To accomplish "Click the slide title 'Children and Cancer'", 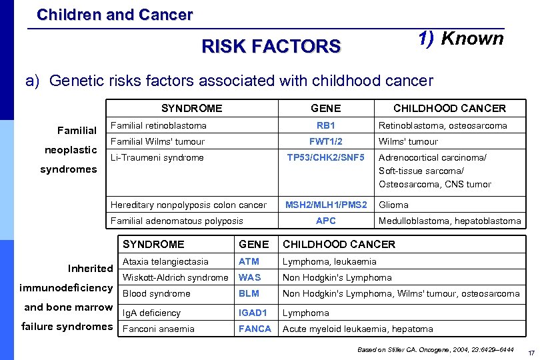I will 115,14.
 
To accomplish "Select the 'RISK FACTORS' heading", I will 271,46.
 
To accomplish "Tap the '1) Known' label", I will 461,39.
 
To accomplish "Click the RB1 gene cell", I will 325,125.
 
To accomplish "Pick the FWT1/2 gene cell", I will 325,141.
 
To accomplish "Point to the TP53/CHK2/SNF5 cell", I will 325,157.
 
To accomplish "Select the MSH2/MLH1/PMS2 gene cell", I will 325,205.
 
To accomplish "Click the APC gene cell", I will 325,221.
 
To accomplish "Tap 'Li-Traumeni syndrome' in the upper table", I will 157,157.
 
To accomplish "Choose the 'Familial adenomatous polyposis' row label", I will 177,221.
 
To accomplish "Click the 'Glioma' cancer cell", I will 393,205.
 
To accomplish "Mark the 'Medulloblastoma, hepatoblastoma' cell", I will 449,221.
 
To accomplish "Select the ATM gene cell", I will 249,261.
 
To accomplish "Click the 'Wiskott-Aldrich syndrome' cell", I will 175,277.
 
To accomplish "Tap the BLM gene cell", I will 249,293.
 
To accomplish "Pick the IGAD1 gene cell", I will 253,313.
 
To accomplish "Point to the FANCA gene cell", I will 255,329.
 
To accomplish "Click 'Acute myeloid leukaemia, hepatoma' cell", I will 357,329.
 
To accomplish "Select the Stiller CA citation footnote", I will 435,349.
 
